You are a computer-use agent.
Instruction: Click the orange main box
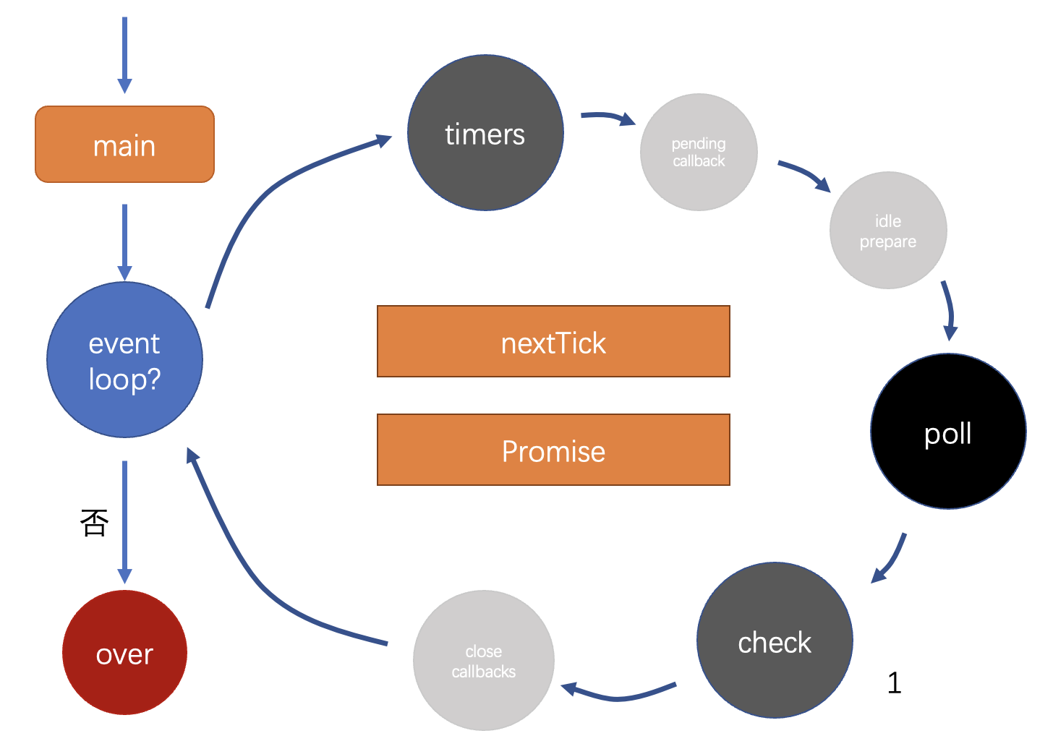124,145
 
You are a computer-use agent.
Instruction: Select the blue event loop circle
124,360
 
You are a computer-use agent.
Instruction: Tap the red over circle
124,653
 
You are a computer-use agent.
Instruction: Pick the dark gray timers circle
485,132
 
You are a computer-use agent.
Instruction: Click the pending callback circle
699,153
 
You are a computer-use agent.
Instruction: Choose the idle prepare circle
888,230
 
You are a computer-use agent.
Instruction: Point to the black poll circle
948,432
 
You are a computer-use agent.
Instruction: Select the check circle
775,640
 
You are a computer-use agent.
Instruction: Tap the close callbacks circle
484,661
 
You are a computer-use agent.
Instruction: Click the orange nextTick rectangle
553,342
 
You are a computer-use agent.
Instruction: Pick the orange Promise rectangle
553,450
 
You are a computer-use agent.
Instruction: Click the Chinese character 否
95,523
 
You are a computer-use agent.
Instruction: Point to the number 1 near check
894,682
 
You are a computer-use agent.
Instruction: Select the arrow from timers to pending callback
608,116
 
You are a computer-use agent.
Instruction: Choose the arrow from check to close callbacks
618,697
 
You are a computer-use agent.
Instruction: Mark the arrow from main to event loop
124,242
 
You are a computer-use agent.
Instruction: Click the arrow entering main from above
124,56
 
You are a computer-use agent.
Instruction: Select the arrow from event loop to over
124,522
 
